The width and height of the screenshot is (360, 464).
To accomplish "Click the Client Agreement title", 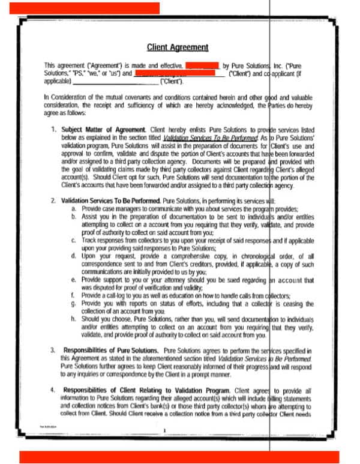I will point(178,47).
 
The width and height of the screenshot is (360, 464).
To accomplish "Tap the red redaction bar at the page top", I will point(84,8).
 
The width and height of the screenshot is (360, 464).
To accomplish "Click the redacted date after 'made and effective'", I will point(202,64).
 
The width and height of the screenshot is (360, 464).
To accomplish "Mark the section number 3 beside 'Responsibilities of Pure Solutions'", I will point(53,349).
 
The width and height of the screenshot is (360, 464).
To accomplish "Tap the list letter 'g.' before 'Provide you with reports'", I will point(74,304).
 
